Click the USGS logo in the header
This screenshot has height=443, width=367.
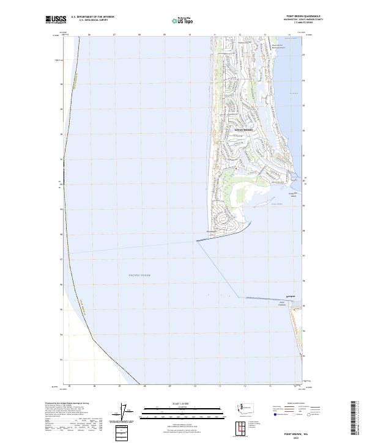click(56, 20)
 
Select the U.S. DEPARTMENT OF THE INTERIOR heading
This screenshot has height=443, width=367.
click(93, 16)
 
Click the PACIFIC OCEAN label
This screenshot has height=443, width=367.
click(139, 276)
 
